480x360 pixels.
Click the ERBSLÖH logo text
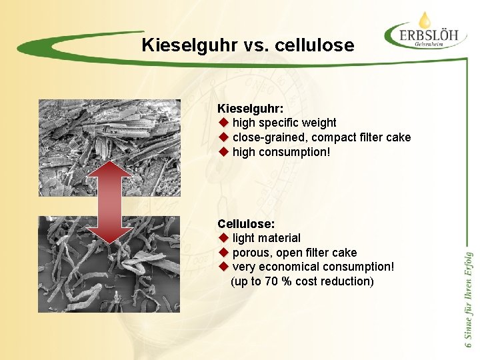[x=427, y=33]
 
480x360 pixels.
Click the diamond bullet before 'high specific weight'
[x=223, y=123]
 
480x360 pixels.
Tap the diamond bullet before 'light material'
[x=223, y=238]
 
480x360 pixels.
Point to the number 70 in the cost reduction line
[x=272, y=281]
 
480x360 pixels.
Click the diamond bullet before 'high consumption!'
[x=223, y=152]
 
